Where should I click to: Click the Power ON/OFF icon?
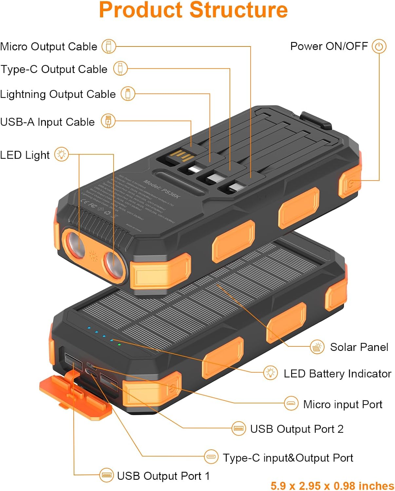[379, 46]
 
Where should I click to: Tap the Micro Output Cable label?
[49, 46]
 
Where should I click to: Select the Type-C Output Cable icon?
[120, 69]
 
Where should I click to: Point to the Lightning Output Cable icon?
[128, 94]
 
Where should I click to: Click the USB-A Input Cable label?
[47, 122]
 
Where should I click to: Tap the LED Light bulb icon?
[62, 154]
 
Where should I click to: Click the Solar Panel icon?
[317, 347]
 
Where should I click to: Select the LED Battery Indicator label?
[337, 373]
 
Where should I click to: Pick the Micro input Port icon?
[291, 404]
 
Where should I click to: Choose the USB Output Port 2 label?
[297, 429]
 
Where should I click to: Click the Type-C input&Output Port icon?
[211, 457]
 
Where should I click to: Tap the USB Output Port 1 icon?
[106, 475]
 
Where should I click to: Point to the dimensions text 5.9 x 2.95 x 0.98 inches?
[332, 485]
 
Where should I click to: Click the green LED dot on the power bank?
[119, 344]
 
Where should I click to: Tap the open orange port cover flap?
[75, 398]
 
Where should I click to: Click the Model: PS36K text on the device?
[162, 189]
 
